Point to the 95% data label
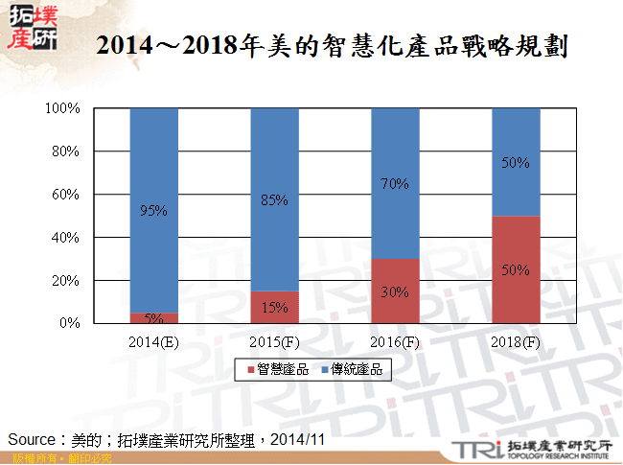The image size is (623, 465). [x=153, y=211]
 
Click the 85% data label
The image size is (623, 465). [x=275, y=200]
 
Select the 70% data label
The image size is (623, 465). [x=395, y=183]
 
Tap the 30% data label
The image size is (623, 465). [x=395, y=291]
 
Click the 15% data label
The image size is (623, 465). [x=275, y=308]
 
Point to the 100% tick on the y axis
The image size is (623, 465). [x=62, y=108]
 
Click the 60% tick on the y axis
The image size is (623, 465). [x=65, y=195]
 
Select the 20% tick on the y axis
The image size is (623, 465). [x=65, y=281]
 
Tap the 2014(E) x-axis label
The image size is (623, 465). [x=153, y=341]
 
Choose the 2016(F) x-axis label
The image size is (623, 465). [x=395, y=341]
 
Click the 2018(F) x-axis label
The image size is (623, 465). [x=516, y=341]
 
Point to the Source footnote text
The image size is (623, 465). [x=168, y=439]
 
